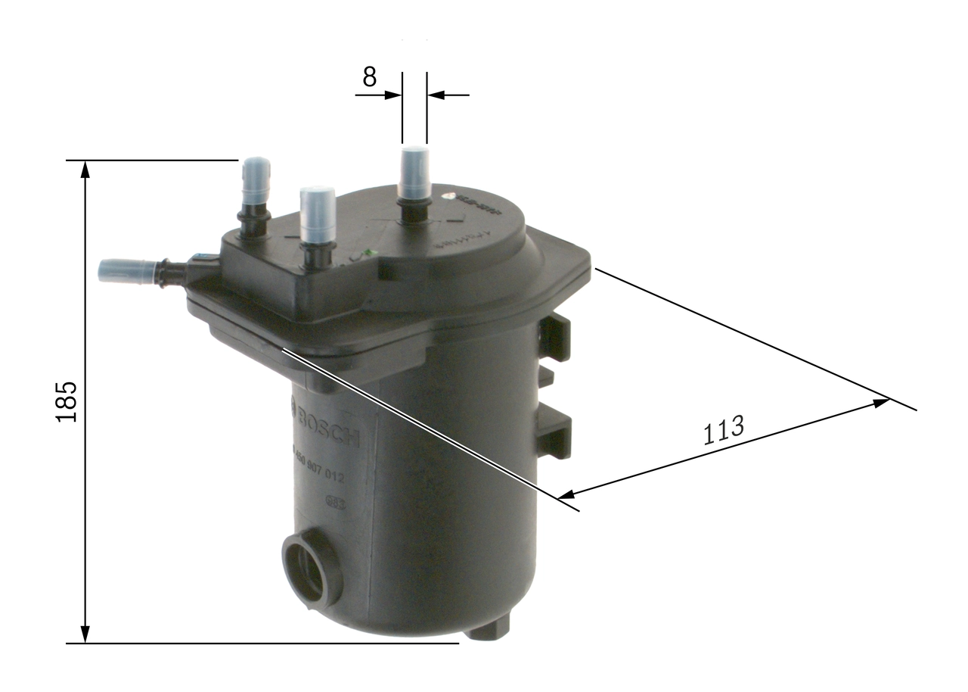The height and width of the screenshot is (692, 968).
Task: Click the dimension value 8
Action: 369,77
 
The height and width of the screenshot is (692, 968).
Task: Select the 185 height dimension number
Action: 67,401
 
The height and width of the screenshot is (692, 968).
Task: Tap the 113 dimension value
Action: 723,430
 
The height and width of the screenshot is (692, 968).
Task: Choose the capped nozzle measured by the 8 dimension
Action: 414,172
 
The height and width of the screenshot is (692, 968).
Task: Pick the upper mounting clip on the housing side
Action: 555,338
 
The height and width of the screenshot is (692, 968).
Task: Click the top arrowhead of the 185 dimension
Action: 85,169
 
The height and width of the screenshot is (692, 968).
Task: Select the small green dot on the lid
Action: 368,253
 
